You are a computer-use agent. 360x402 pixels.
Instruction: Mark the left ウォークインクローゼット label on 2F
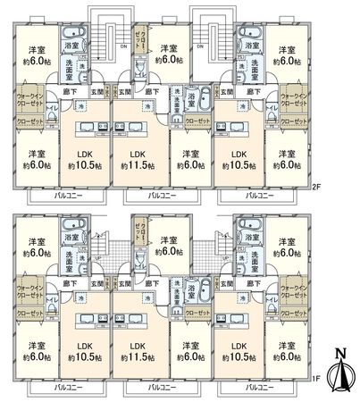point(34,99)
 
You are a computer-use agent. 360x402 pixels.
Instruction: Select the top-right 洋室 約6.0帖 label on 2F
point(287,54)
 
